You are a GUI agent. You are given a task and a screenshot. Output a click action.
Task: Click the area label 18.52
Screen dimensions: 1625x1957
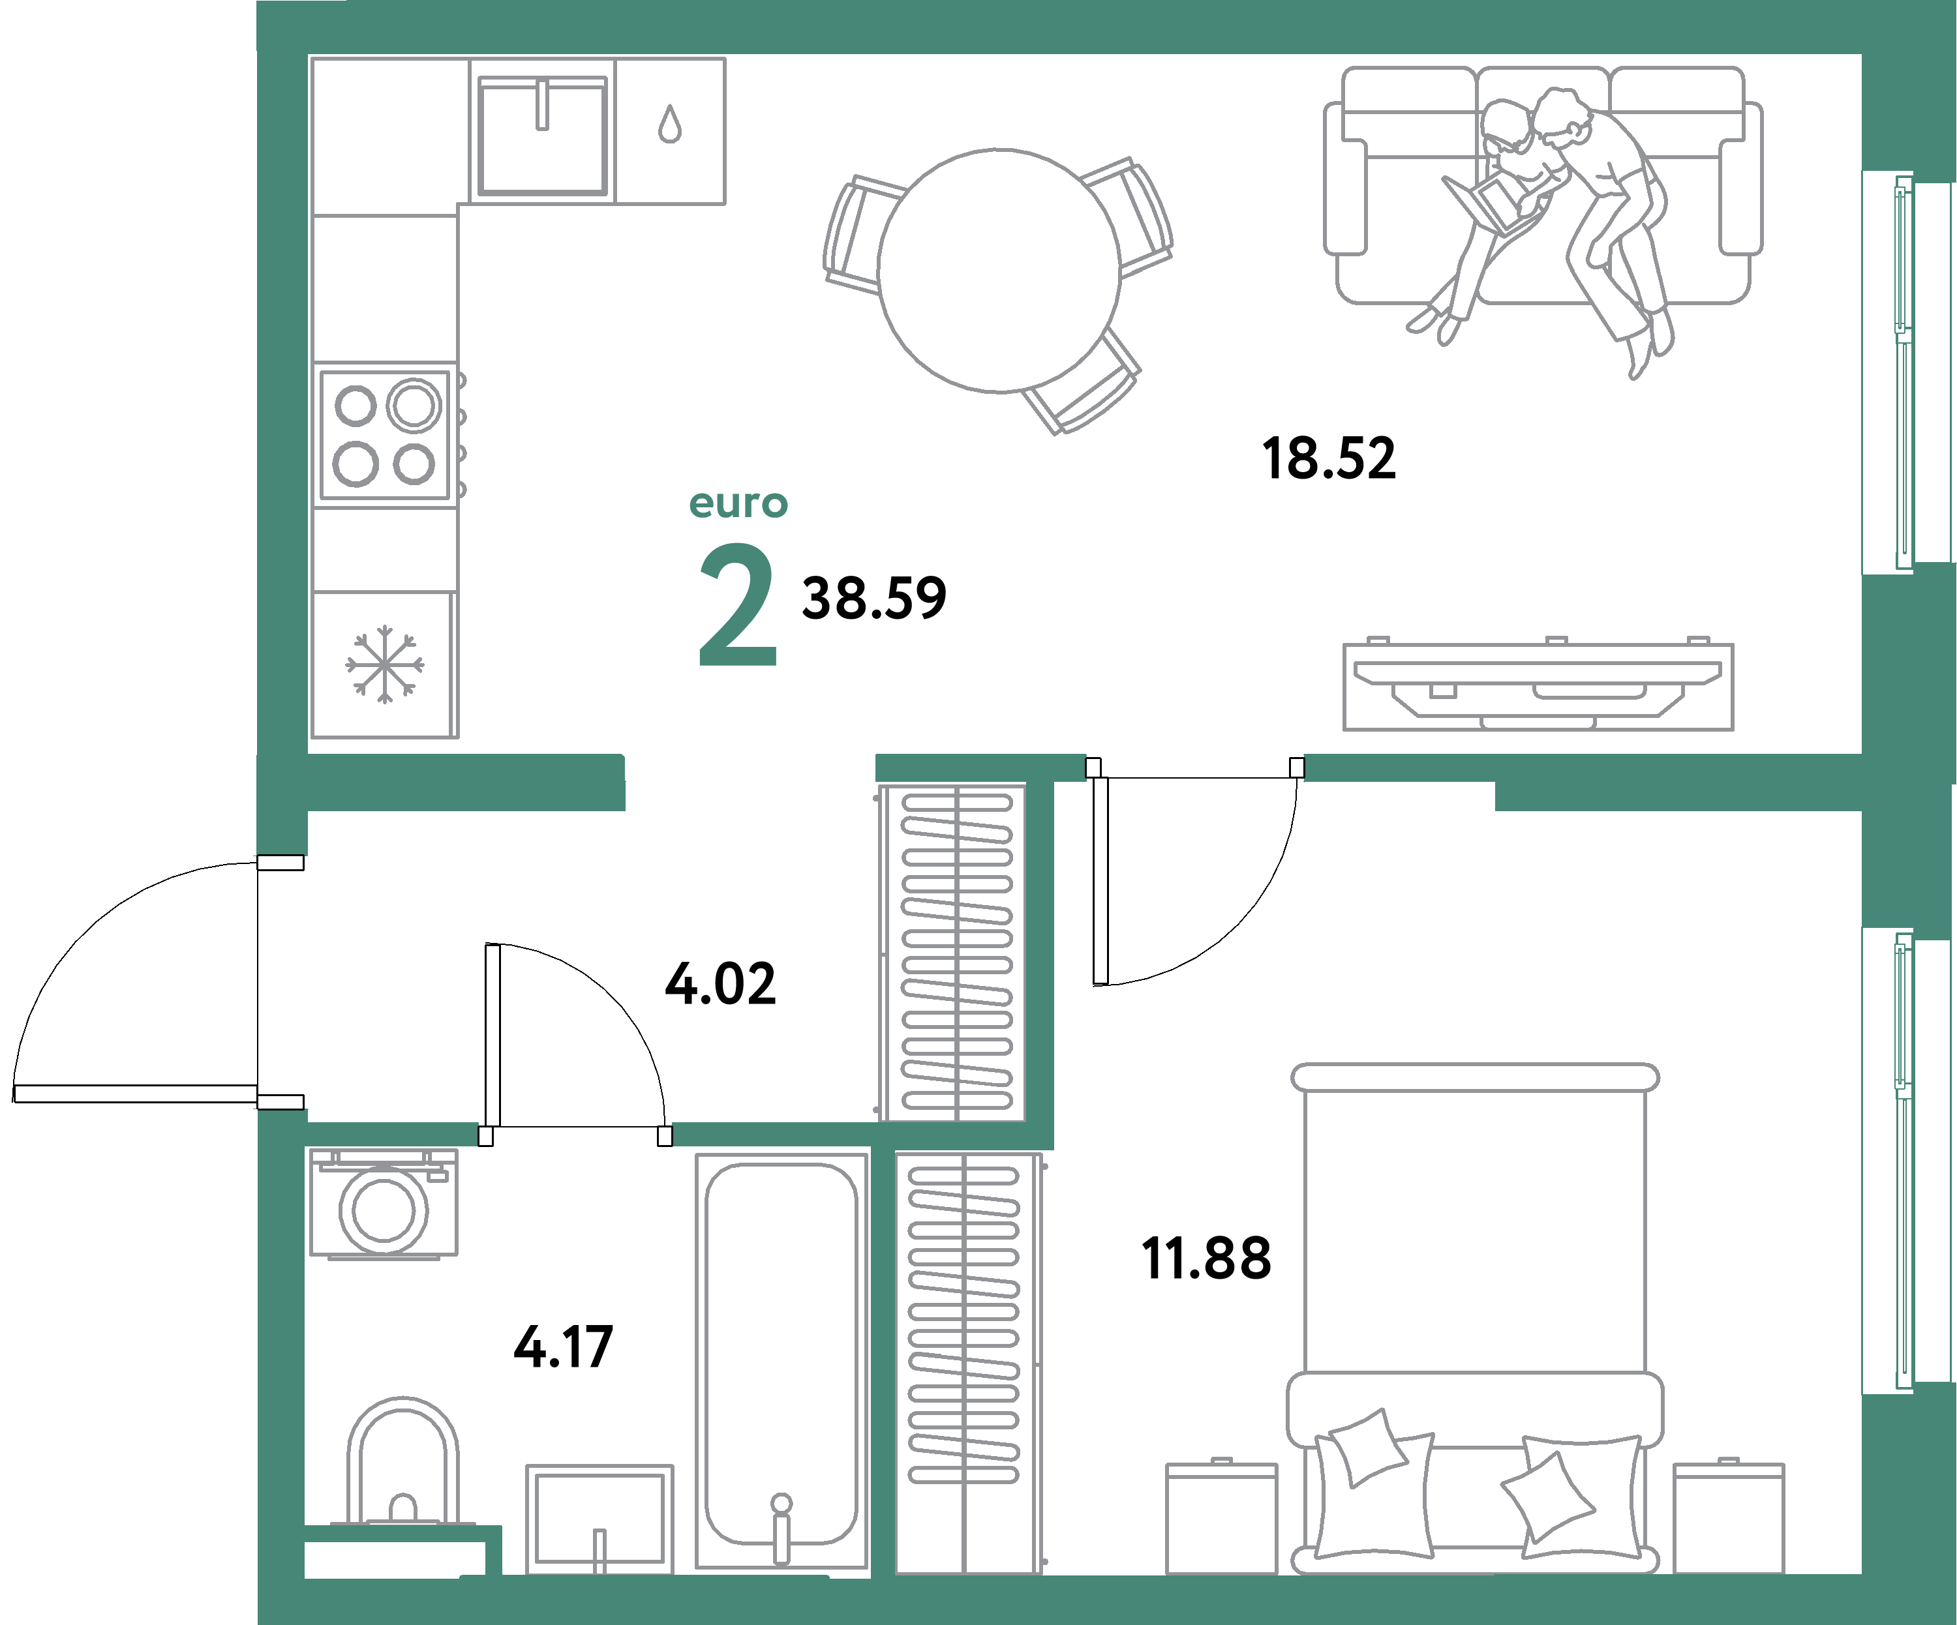(1329, 459)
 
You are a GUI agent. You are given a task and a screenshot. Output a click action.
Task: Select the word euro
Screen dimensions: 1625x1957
(738, 504)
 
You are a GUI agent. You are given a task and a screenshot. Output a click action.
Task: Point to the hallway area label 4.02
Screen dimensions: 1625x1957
(720, 984)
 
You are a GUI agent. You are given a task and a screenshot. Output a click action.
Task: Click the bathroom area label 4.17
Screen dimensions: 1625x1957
(563, 1347)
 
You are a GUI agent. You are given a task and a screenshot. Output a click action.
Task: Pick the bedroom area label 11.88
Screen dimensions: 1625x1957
(1206, 1259)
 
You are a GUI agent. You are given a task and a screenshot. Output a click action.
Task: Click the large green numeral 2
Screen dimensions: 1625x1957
(737, 606)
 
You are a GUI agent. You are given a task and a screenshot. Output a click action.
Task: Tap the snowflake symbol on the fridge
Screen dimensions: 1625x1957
(384, 664)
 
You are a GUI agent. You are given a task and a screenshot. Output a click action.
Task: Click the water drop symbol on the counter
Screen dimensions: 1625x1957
(669, 124)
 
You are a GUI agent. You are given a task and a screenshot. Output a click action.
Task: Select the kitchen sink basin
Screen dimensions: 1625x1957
(542, 138)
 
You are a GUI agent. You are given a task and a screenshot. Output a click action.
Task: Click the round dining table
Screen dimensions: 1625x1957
(999, 270)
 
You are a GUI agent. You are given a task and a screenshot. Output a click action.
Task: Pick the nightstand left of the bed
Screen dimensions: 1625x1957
(1221, 1518)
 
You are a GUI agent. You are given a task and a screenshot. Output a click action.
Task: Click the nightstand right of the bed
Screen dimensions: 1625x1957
(1728, 1518)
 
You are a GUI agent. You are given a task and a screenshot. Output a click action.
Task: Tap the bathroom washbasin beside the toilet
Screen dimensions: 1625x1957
(599, 1518)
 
